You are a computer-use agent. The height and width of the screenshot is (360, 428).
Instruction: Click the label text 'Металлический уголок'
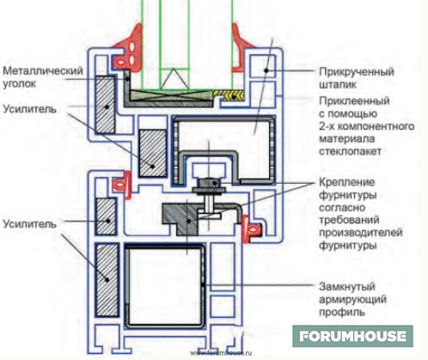click(x=43, y=77)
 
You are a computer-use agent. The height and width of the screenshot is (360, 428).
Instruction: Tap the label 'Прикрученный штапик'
click(x=357, y=77)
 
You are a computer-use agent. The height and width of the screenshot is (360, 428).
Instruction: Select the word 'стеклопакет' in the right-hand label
click(x=350, y=151)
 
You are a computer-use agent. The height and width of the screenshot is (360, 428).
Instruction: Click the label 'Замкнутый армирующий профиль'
click(x=352, y=299)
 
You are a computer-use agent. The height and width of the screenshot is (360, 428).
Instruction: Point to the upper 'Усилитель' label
click(x=29, y=109)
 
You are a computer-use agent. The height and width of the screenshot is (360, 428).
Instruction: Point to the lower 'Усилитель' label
click(x=29, y=223)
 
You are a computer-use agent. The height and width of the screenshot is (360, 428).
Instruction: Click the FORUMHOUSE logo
click(x=352, y=336)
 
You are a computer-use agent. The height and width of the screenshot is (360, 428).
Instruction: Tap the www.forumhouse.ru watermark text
click(x=221, y=353)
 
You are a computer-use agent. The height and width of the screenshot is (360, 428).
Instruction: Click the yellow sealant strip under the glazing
click(x=229, y=95)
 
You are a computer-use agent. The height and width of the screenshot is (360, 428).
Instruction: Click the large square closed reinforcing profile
click(x=165, y=285)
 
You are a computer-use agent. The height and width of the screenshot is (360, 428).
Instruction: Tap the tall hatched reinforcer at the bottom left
click(x=107, y=280)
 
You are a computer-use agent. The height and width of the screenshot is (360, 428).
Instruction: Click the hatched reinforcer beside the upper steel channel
click(x=152, y=153)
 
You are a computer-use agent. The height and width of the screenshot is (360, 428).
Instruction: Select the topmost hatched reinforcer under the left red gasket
click(x=106, y=105)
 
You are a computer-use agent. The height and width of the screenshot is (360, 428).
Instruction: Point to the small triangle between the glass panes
click(x=174, y=79)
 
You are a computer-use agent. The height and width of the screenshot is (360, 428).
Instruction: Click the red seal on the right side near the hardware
click(x=251, y=229)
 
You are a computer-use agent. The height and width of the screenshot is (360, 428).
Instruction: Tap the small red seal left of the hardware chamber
click(x=122, y=185)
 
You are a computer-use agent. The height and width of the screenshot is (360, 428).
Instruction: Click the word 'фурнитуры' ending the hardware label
click(x=347, y=246)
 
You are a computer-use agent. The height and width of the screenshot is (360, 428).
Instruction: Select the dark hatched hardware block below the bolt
click(x=180, y=218)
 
